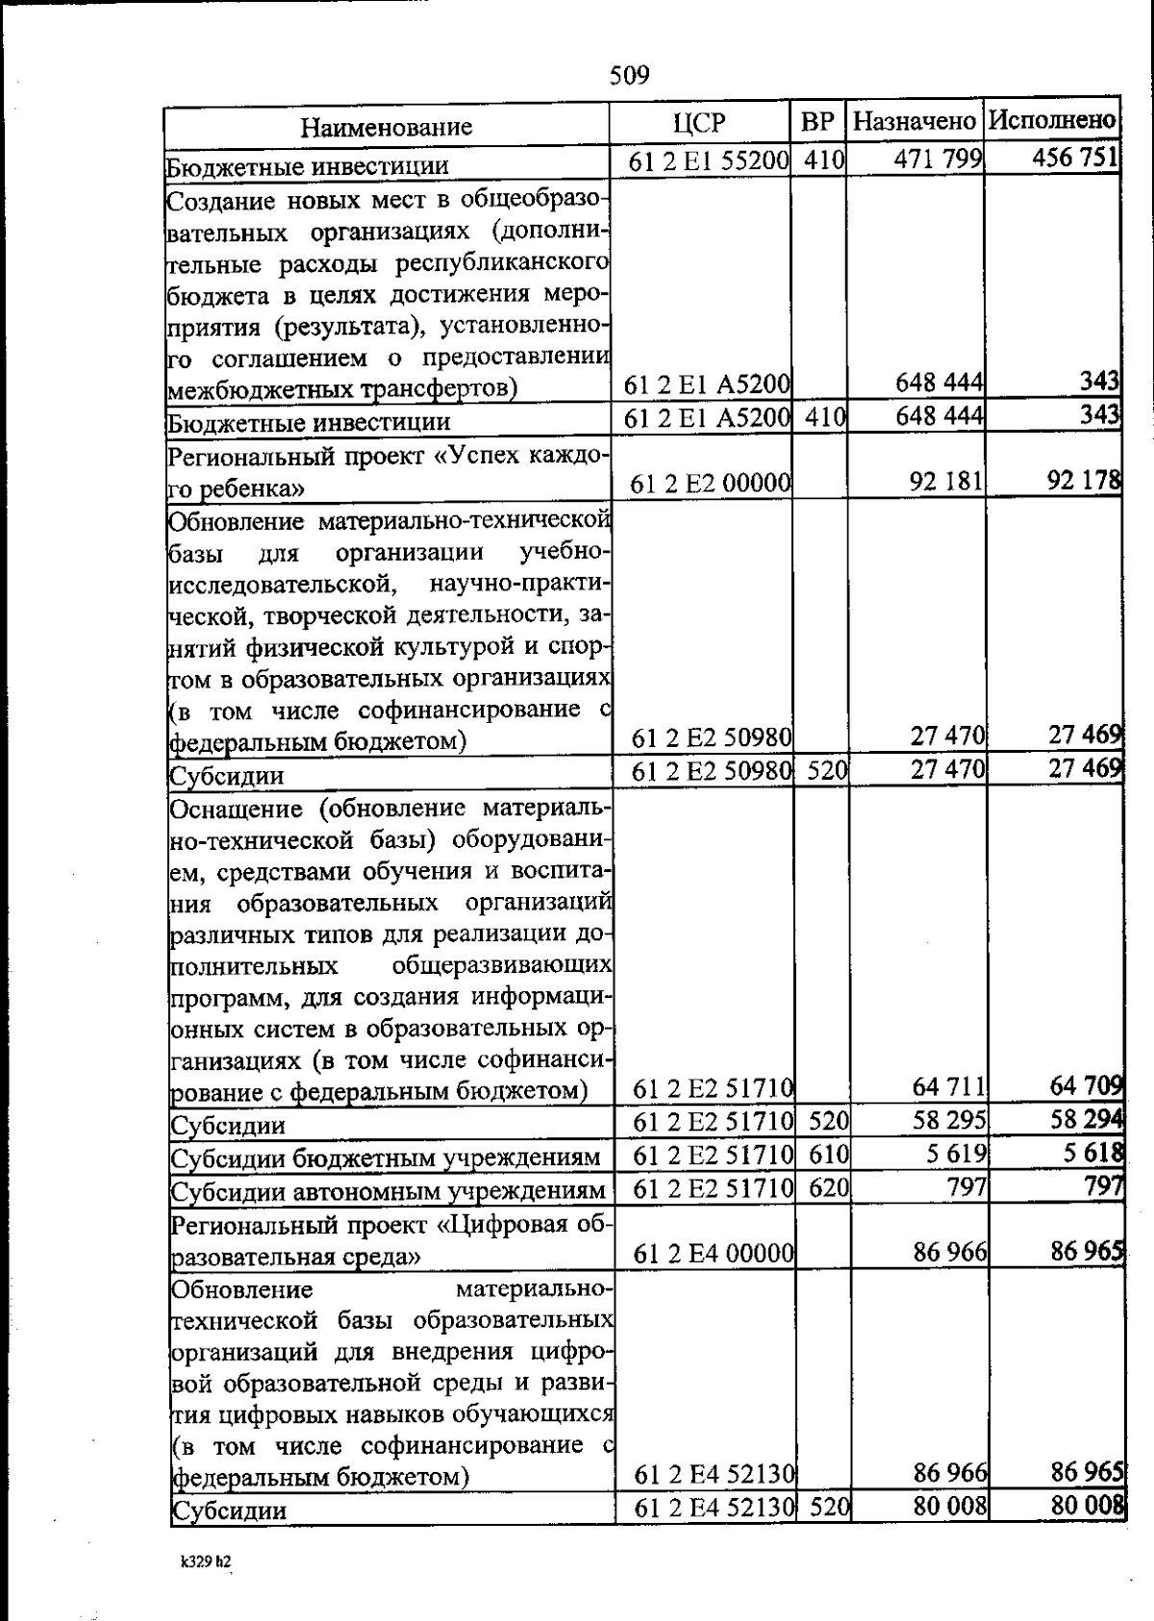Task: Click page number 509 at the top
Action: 630,75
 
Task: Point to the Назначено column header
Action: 915,122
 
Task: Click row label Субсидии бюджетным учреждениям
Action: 386,1159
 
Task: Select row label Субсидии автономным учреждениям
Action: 389,1192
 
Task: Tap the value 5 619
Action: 956,1153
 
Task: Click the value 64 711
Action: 949,1087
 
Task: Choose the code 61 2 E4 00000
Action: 714,1254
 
